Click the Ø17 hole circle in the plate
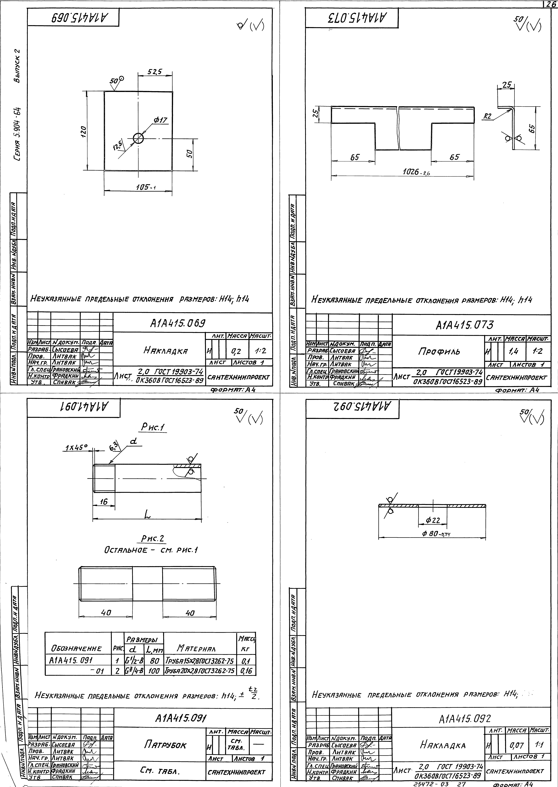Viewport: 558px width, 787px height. (138, 138)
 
